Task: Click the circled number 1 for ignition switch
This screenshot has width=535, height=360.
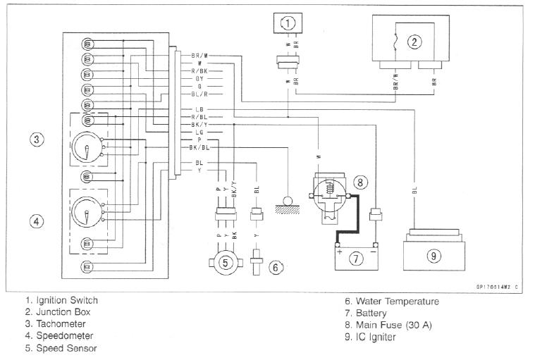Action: pos(288,23)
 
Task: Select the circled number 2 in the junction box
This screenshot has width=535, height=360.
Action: pos(415,42)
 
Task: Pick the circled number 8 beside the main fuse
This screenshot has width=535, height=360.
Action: pos(360,182)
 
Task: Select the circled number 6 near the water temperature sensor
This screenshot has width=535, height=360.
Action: pos(277,267)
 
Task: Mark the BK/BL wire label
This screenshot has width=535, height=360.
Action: pos(199,147)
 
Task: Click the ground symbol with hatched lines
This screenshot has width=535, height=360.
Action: pos(288,204)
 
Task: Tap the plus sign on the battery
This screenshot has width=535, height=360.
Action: pos(340,250)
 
